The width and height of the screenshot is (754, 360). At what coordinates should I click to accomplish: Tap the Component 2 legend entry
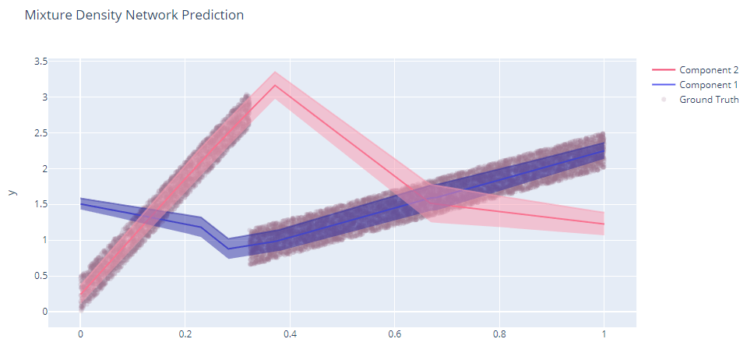(x=708, y=70)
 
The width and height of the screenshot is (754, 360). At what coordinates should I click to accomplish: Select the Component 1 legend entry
(x=708, y=85)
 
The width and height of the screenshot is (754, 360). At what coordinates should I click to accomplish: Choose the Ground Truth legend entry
(x=709, y=100)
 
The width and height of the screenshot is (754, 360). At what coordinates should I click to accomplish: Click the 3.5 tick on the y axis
(x=38, y=62)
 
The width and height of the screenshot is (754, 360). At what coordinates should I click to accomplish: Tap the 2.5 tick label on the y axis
(x=38, y=133)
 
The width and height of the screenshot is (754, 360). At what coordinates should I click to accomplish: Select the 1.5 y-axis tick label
(x=38, y=204)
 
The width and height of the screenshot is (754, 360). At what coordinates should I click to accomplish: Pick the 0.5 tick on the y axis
(x=38, y=276)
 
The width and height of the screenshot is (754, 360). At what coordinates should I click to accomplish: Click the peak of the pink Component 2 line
(x=275, y=85)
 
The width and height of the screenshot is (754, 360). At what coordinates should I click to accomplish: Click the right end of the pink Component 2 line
(x=604, y=224)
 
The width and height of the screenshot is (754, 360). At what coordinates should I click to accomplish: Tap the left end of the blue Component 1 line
(x=81, y=204)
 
